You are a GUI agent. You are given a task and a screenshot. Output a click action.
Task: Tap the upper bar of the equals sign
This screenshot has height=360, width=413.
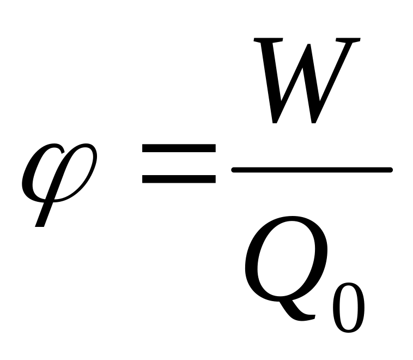pos(178,148)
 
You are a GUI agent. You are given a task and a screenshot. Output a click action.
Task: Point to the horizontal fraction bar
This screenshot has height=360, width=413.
pos(312,170)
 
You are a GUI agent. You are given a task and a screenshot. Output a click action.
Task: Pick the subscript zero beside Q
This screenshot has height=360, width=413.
pos(348,305)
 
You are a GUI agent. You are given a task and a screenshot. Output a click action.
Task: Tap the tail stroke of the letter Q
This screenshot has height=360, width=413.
pos(305,315)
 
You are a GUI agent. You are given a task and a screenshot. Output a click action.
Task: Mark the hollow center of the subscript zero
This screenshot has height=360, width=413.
pos(348,305)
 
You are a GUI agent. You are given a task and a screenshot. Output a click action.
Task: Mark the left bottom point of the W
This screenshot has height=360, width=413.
pos(276,121)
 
